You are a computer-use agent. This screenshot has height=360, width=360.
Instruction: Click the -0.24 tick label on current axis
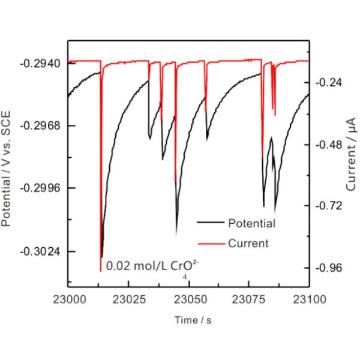pos(329,83)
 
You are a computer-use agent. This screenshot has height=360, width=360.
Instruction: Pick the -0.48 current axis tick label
pos(329,145)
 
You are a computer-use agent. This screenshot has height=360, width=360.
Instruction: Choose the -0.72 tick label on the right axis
pos(329,206)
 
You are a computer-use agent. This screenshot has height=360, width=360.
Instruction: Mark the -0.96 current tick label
pos(329,268)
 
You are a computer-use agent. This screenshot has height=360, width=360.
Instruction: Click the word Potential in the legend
pos(251,224)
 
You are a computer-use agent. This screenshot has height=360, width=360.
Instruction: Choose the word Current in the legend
pos(248,244)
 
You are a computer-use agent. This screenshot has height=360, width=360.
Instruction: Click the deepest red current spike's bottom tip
pos(100,271)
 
